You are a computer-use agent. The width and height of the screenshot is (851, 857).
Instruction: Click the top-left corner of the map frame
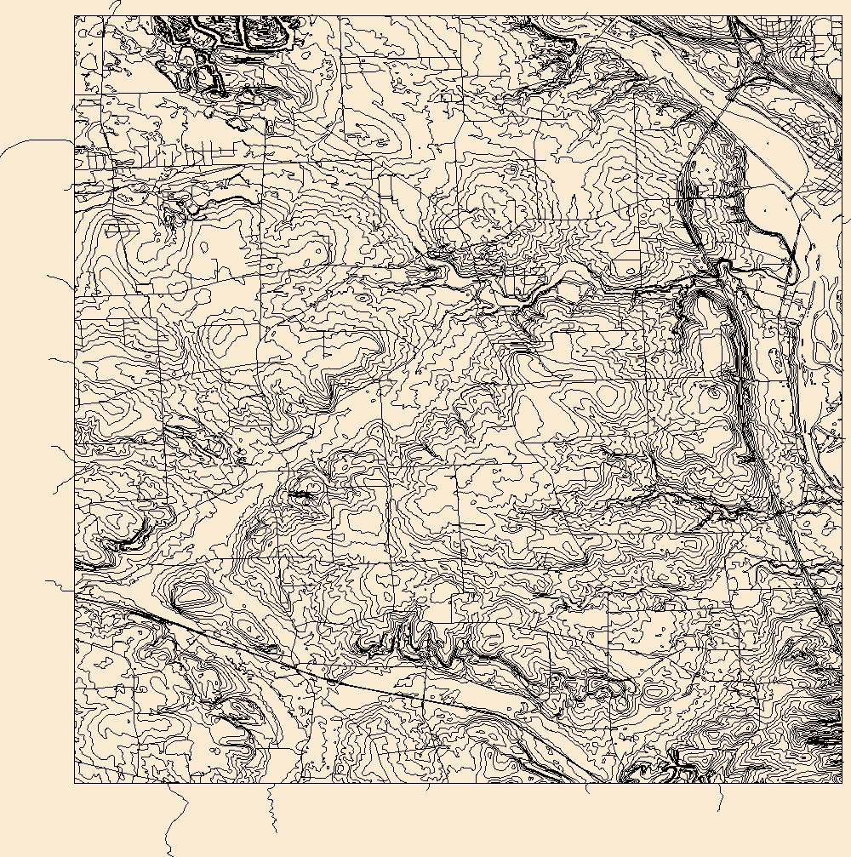click(74, 15)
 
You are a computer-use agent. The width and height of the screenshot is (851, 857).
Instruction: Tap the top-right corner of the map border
click(842, 15)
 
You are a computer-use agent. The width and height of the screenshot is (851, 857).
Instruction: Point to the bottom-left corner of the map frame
click(74, 783)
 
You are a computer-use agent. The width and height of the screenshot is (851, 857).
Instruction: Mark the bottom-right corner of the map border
click(842, 783)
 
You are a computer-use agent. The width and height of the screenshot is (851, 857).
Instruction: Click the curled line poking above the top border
click(115, 7)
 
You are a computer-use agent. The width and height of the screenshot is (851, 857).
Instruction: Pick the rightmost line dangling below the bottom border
click(721, 798)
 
